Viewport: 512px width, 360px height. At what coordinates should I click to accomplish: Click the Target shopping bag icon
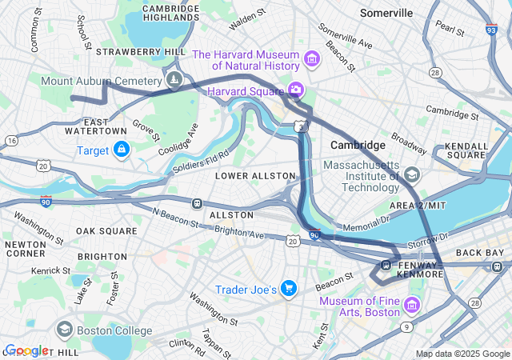pos(122,150)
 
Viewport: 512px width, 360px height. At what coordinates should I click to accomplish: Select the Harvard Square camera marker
pos(296,90)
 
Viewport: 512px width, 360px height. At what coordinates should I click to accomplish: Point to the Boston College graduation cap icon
pos(65,329)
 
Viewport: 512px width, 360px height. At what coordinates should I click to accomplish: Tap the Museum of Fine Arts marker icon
pos(412,305)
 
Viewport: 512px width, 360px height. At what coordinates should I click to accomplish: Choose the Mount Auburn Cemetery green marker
pos(174,80)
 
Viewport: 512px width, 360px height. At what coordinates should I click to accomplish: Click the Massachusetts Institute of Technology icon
pos(412,174)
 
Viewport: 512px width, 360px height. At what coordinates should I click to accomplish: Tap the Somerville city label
pos(386,13)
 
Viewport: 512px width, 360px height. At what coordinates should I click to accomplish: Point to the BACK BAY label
pos(481,253)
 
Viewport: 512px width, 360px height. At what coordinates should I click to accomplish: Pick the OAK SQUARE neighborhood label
pos(106,231)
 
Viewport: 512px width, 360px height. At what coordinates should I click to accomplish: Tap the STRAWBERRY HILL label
pos(141,51)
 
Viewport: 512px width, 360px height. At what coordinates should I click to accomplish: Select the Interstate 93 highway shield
pos(490,30)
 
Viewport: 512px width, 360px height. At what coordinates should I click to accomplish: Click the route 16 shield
pos(11,141)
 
